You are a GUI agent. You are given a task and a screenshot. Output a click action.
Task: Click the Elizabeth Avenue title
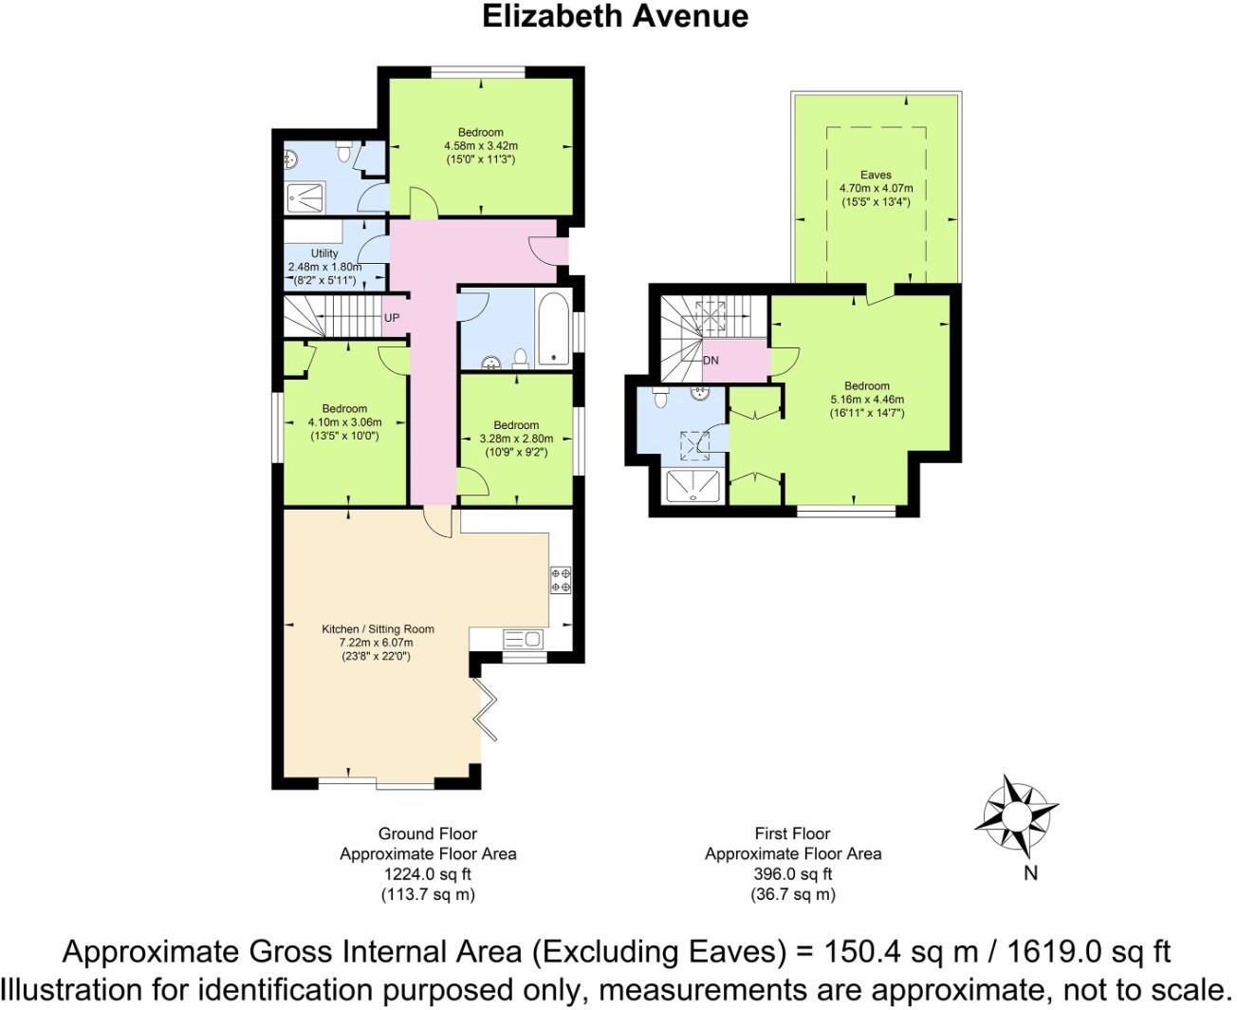(615, 16)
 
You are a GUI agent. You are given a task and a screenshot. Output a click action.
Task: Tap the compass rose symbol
(1016, 815)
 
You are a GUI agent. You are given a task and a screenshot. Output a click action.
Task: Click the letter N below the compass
(1030, 874)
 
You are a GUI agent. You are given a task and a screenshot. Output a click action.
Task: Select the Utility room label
(324, 253)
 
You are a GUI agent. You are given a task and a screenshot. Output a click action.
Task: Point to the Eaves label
(876, 175)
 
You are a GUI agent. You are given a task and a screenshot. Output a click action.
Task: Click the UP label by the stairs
(392, 317)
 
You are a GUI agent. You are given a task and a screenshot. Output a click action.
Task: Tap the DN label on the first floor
(711, 361)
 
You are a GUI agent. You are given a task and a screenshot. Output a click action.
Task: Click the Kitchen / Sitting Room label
(378, 628)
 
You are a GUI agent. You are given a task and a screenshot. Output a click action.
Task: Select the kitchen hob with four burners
(561, 580)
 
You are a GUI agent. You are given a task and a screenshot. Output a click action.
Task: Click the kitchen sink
(522, 639)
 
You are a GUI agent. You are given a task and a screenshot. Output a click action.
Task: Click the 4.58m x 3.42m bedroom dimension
(481, 146)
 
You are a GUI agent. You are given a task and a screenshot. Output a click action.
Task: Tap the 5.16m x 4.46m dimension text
(867, 400)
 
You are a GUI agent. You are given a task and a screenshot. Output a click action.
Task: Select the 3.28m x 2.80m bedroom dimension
(516, 439)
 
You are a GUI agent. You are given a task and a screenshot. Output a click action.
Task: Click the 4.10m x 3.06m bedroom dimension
(344, 422)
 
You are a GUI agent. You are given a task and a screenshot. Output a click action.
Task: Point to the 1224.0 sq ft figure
(427, 874)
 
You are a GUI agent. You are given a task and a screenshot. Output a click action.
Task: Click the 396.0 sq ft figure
(793, 874)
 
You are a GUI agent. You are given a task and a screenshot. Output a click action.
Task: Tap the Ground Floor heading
(428, 833)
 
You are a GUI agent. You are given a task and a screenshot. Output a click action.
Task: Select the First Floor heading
(792, 833)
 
